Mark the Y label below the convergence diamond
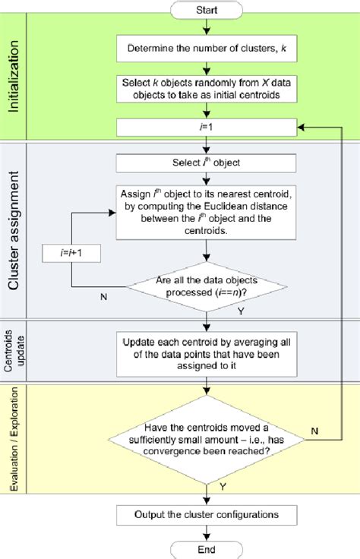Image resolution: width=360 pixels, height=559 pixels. click(221, 486)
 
